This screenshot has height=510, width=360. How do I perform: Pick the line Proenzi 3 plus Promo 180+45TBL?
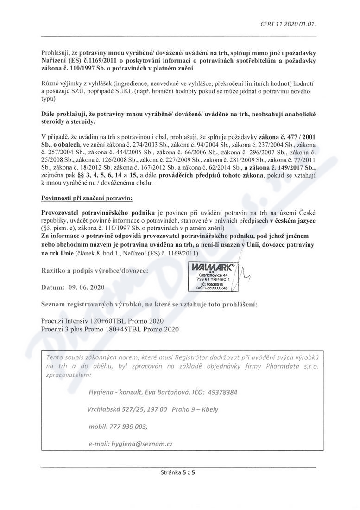110,329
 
